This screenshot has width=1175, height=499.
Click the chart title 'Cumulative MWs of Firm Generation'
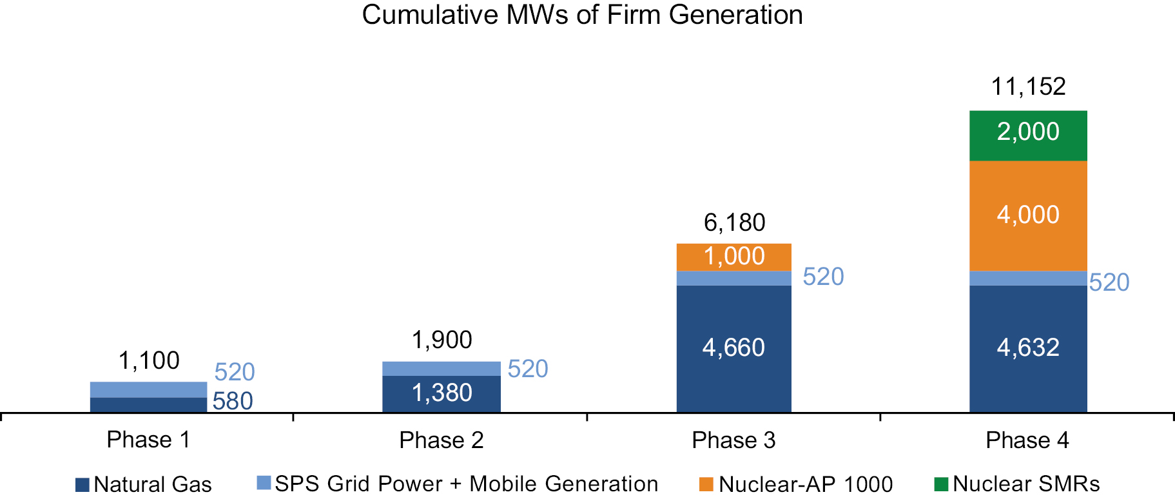(x=582, y=15)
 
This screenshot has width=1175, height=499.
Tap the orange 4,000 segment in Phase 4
(x=1028, y=215)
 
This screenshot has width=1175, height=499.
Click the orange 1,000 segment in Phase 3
(x=733, y=257)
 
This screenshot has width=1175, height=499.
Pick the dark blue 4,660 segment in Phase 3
(x=733, y=348)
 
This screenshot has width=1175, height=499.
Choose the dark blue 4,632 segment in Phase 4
(x=1028, y=348)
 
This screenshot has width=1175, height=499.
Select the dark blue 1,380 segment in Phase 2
(x=442, y=393)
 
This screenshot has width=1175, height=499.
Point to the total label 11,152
(x=1028, y=86)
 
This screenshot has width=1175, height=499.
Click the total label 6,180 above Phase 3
(x=734, y=223)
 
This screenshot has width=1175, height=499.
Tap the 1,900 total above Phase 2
(x=442, y=340)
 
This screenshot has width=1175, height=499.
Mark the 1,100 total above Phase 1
(x=149, y=360)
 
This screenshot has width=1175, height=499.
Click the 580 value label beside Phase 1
(x=233, y=401)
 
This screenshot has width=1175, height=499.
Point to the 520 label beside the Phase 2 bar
(x=528, y=369)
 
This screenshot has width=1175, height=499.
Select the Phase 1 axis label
(x=148, y=440)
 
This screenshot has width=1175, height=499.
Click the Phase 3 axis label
(x=733, y=440)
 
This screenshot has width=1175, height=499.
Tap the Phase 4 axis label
(x=1027, y=440)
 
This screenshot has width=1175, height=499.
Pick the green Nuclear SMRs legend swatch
(x=941, y=484)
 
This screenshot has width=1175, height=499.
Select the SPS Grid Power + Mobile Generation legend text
(x=466, y=484)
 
